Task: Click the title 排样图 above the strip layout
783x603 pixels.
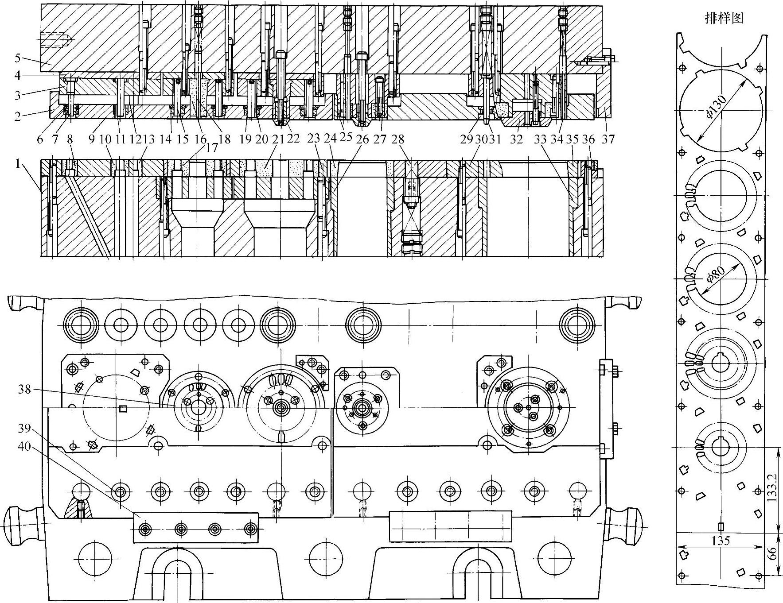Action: pos(724,18)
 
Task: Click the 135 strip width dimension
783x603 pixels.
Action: pos(721,540)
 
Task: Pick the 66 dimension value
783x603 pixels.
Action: pos(772,553)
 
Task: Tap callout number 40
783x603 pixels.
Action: pos(24,446)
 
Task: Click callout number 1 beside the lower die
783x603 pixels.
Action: pos(18,164)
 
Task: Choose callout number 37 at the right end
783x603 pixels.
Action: pos(608,139)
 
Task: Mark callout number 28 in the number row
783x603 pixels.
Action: pos(397,139)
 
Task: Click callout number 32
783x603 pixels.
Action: pos(516,139)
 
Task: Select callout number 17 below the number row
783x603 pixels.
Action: pos(212,147)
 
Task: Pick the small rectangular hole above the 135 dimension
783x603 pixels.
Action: pos(721,526)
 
